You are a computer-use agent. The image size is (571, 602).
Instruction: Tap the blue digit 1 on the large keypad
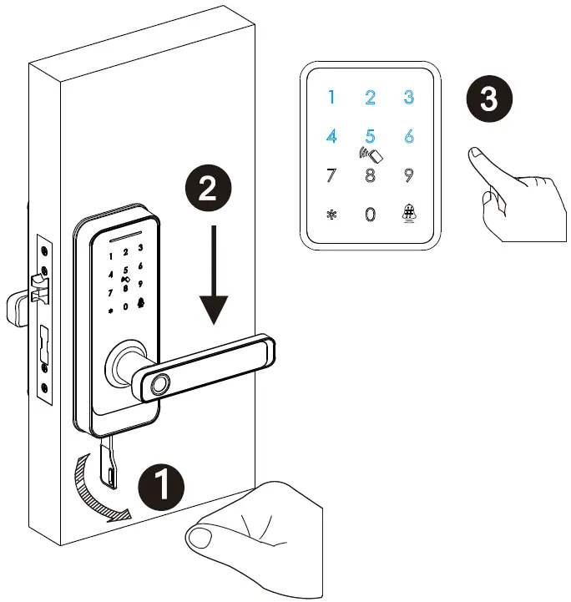331,98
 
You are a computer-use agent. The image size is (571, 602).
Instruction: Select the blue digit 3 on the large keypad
408,97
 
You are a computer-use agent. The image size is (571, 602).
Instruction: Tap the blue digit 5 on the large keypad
370,136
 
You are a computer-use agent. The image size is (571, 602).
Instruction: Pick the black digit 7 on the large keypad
331,175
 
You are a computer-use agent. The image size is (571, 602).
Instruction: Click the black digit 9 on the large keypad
408,175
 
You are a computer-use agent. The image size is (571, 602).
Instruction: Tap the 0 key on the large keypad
370,214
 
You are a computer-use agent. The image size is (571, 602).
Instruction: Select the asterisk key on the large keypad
331,214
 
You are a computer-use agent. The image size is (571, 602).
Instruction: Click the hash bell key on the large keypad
409,214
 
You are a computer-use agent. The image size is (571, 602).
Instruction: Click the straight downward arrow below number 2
215,276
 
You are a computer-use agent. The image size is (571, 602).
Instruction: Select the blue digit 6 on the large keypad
408,136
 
